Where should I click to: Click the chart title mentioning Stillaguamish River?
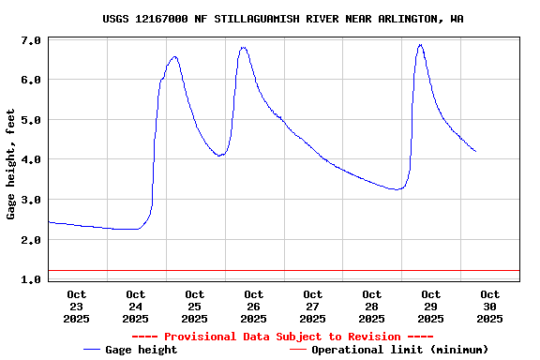282,19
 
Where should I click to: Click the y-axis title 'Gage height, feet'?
11,164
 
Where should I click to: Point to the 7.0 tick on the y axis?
30,41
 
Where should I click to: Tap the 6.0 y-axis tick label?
30,81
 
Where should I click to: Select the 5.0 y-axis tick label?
30,121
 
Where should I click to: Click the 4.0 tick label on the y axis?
30,160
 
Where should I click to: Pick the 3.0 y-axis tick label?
30,201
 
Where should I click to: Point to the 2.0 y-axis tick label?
30,240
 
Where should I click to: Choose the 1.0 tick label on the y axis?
30,279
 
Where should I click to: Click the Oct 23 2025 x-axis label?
77,307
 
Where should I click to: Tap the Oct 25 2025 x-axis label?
195,307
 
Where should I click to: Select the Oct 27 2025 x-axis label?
312,307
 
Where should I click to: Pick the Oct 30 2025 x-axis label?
489,307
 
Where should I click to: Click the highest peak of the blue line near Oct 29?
420,45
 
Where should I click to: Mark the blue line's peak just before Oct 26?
243,48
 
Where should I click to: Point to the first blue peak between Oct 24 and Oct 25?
174,57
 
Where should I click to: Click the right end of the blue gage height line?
475,151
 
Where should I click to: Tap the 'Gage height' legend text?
141,350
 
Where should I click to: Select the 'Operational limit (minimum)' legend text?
399,350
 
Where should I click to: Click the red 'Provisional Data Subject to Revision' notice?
282,337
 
